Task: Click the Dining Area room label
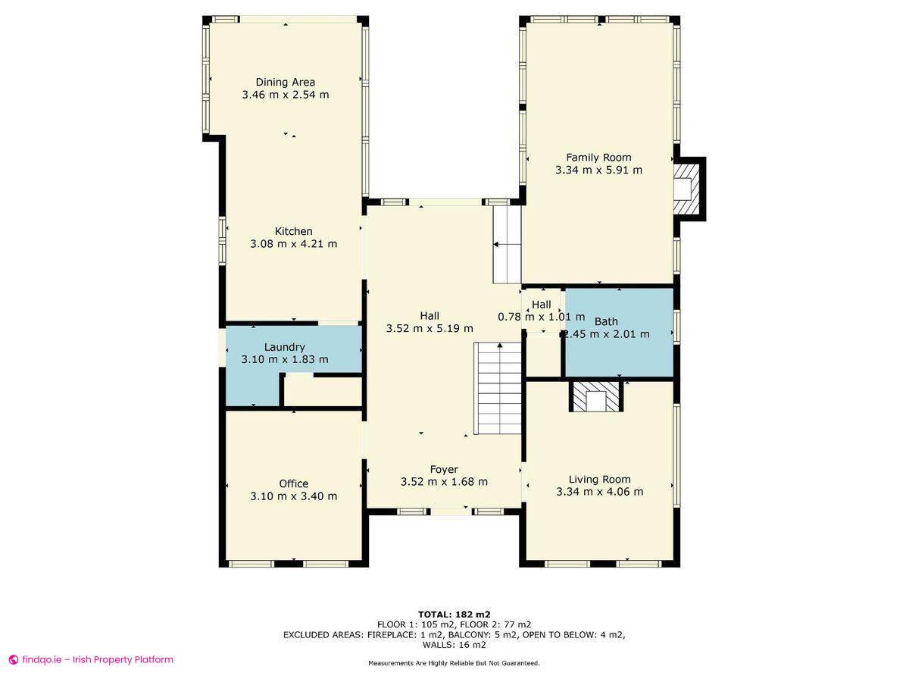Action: tap(286, 82)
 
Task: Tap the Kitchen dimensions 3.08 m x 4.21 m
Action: tap(294, 244)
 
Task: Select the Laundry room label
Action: tap(285, 347)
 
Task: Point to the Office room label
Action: tap(294, 483)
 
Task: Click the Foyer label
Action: tap(444, 470)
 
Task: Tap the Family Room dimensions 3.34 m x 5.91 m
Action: tap(599, 170)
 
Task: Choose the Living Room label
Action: tap(600, 480)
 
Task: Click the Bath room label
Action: tap(606, 321)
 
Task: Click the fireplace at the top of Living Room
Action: tap(596, 396)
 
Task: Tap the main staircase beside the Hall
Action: tap(497, 388)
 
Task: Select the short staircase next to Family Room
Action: tap(507, 244)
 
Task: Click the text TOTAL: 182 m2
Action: tap(454, 614)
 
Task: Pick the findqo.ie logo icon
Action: tap(14, 659)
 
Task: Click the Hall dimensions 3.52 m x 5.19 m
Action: tap(430, 328)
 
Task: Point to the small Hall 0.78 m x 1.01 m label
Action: tap(542, 311)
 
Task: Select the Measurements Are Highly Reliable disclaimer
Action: tap(454, 663)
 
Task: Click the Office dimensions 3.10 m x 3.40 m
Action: tap(294, 496)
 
